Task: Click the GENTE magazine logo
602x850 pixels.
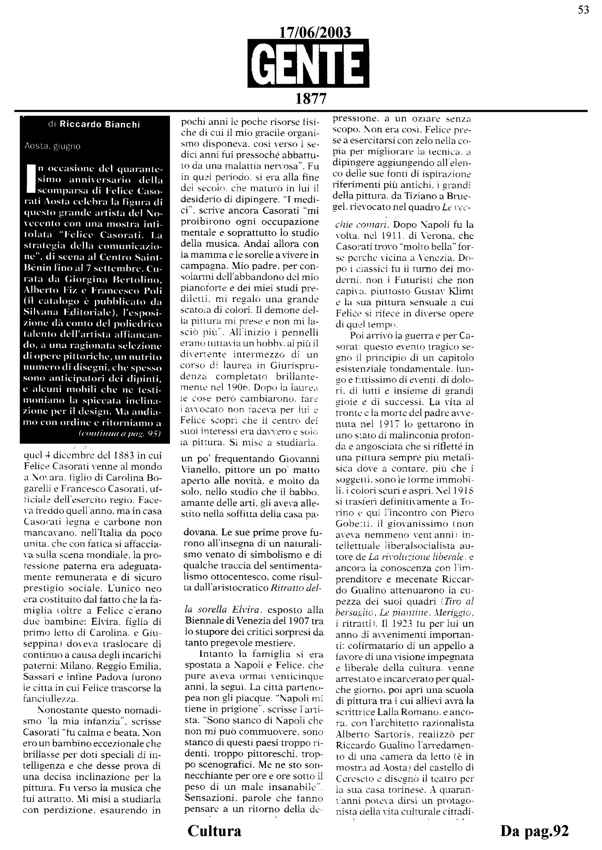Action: [308, 63]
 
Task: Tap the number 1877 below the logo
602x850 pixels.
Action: [311, 99]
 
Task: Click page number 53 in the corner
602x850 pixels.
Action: [584, 10]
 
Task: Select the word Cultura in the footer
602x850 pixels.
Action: [214, 831]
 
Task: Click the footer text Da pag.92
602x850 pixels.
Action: [534, 831]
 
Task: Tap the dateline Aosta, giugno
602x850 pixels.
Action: [52, 146]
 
